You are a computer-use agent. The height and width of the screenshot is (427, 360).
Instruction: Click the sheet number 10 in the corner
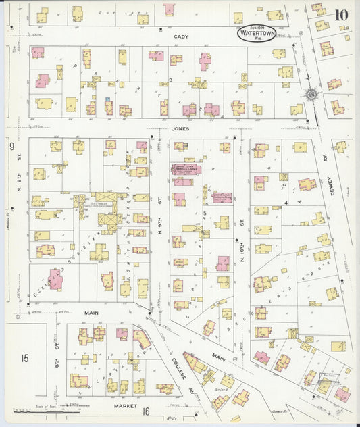coord(341,15)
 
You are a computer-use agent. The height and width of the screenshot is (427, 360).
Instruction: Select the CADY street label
coord(180,37)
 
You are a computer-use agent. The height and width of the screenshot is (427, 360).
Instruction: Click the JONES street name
coord(180,128)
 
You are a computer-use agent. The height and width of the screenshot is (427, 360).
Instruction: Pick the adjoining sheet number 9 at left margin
coord(11,146)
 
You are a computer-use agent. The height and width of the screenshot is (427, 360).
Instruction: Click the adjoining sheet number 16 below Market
coord(145,410)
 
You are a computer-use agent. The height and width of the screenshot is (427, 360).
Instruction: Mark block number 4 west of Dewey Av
coord(286,202)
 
